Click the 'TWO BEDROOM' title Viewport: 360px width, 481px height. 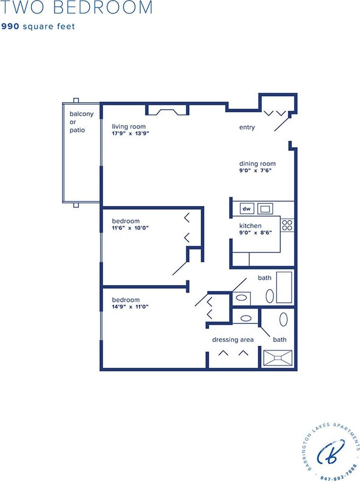click(x=76, y=7)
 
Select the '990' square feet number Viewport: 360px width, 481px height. click(x=11, y=26)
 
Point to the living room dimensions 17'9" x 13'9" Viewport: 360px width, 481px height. click(x=130, y=133)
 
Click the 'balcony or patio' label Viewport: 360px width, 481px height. click(x=81, y=121)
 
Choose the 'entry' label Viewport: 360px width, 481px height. click(x=247, y=127)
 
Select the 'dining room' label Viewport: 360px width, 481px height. click(x=257, y=164)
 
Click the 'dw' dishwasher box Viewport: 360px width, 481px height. click(x=247, y=209)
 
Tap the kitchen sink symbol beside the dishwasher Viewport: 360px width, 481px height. click(x=265, y=209)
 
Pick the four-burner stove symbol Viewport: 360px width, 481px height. click(x=287, y=225)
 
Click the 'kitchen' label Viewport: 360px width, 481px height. click(x=250, y=226)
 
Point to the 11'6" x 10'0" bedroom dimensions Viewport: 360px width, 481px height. click(x=130, y=227)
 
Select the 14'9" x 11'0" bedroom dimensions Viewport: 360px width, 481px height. click(x=130, y=307)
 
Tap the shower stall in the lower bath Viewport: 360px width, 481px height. click(x=278, y=358)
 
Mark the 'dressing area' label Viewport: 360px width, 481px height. click(x=233, y=340)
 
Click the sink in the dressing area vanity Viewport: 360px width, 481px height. click(x=246, y=318)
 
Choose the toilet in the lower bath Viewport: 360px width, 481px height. click(x=283, y=319)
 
